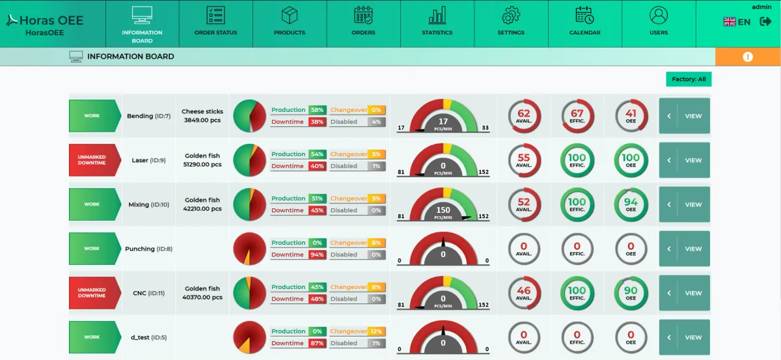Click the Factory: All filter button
coord(689,79)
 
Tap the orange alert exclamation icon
coord(747,57)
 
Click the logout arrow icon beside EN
coord(765,21)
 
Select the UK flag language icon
coord(730,21)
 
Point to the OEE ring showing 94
coord(631,204)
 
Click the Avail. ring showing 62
coord(524,116)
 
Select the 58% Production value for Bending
coord(317,110)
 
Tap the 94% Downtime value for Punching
coord(317,255)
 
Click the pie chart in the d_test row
coord(249,337)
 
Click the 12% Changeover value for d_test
coord(377,331)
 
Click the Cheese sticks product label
coord(202,111)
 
